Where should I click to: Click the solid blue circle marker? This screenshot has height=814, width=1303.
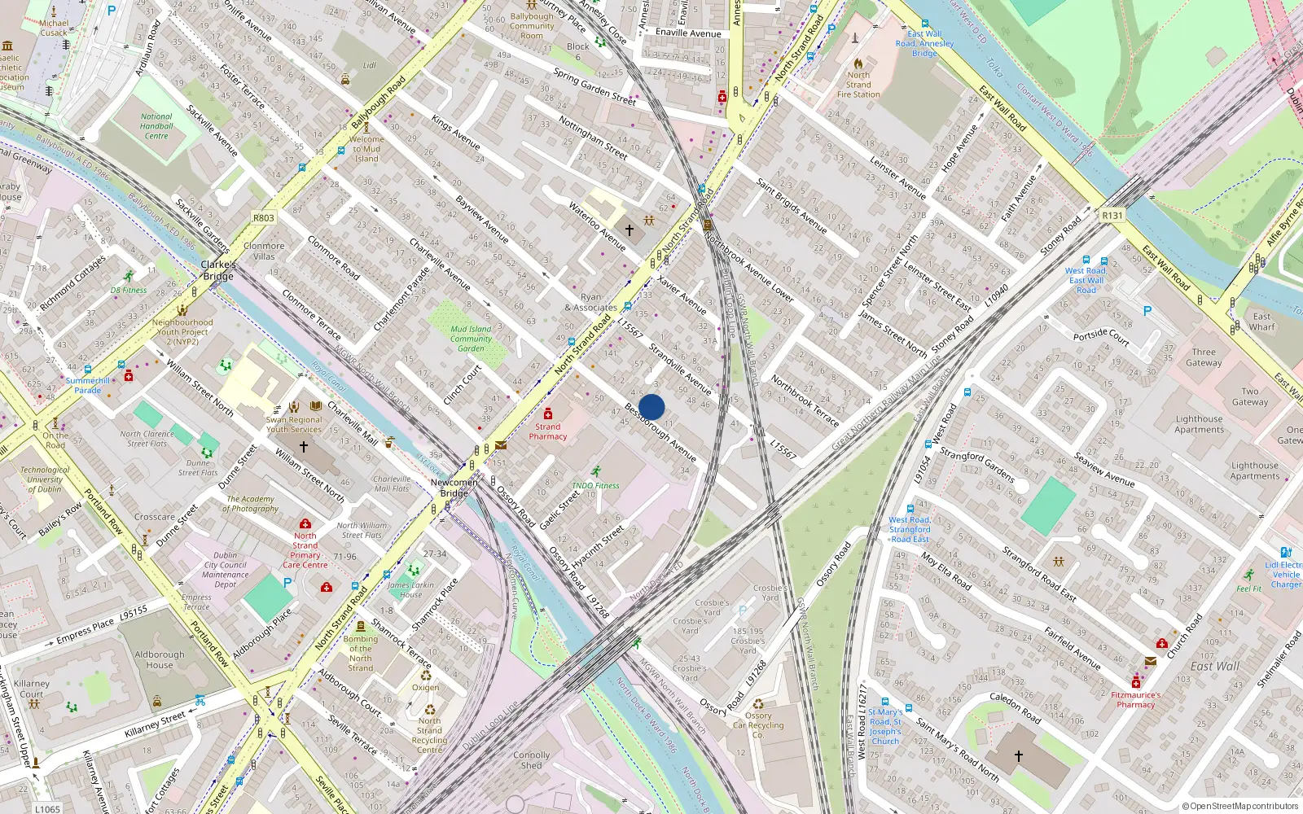coord(651,407)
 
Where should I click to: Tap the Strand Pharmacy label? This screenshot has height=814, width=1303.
coord(547,431)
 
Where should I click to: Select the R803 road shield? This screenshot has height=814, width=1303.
coord(263,217)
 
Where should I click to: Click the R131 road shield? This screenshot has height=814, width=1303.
coord(1112,216)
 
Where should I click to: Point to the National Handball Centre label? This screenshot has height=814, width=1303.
coord(156,126)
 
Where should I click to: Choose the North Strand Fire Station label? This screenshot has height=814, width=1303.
coord(858,85)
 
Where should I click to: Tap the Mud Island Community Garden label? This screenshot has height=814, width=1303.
coord(471,339)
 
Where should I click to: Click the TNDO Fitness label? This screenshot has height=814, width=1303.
coord(595,485)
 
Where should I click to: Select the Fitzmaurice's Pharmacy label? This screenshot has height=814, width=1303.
coord(1135,700)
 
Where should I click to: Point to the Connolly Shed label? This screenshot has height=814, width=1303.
coord(531,760)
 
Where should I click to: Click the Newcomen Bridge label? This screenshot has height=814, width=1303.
coord(454,488)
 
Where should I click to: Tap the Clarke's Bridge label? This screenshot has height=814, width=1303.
coord(218,270)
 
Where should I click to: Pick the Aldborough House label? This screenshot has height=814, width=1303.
coord(160,659)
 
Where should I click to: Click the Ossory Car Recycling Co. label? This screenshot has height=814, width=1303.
coord(758,725)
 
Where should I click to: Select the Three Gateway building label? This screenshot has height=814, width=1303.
coord(1204,357)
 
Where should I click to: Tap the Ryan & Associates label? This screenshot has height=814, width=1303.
coord(590,303)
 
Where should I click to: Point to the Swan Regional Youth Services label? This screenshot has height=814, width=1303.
coord(294,424)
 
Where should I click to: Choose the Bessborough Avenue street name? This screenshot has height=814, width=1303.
coord(660,431)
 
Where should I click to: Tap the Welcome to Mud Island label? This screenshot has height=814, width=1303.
coord(366,149)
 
